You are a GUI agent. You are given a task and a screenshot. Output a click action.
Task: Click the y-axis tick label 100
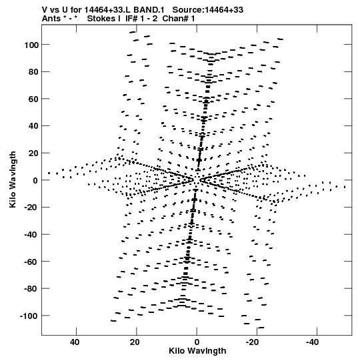(31, 45)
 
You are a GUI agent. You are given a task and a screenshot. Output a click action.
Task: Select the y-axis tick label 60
(33, 99)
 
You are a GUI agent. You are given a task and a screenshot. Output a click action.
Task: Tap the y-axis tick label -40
(31, 235)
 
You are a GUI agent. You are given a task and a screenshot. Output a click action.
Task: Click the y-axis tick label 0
(35, 180)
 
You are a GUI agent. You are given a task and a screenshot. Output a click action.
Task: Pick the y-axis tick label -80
(31, 289)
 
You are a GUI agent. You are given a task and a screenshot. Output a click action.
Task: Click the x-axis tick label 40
(75, 342)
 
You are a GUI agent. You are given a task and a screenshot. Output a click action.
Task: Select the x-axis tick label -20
(253, 342)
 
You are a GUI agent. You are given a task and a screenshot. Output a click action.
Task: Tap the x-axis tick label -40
(313, 342)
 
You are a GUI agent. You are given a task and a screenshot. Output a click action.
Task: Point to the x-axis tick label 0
(197, 342)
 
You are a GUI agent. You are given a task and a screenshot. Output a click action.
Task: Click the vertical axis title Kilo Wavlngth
(13, 179)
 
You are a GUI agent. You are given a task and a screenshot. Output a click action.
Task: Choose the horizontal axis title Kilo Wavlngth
(197, 351)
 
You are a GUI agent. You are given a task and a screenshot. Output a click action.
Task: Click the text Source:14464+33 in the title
(208, 10)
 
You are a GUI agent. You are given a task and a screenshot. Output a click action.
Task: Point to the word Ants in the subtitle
(51, 19)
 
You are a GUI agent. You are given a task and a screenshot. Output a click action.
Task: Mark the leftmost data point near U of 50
(49, 173)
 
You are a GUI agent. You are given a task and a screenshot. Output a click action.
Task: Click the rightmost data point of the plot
(345, 188)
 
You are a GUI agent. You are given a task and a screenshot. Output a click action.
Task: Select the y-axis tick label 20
(33, 153)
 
